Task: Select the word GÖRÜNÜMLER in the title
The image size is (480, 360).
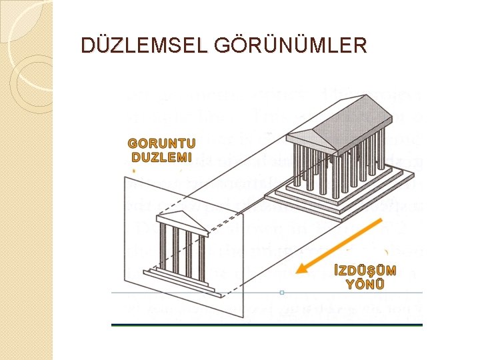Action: tap(291, 45)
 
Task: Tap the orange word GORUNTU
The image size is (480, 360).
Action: tap(162, 143)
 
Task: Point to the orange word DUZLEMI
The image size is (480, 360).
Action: tap(162, 157)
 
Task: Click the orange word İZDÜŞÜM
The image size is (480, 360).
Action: tap(364, 271)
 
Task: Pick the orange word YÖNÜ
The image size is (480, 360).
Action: tap(364, 284)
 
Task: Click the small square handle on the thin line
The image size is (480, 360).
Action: tap(282, 292)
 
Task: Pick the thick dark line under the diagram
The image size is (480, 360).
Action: tap(267, 324)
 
